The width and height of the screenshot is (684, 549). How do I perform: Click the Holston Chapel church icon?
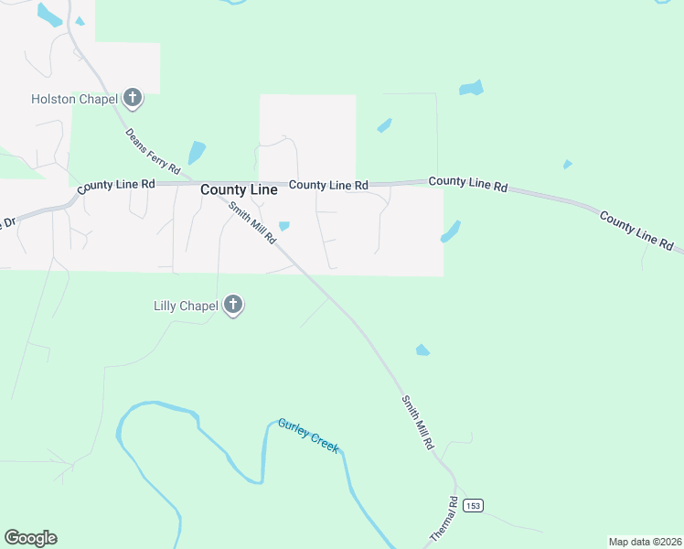pos(134,98)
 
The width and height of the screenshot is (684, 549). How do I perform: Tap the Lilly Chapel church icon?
pos(233,305)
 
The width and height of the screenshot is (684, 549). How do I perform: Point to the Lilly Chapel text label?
pos(186,305)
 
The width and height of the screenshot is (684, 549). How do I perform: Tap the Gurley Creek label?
pos(308,436)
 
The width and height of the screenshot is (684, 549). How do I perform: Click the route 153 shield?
pos(472,506)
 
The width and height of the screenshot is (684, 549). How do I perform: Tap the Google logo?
pos(30,538)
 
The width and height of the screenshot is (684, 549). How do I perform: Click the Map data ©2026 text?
pos(644,541)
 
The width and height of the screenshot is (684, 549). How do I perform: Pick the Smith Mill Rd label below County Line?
pos(252,222)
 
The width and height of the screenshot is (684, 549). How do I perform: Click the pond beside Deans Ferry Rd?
pos(197,152)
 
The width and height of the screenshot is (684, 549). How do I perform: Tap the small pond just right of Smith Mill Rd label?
pos(284,226)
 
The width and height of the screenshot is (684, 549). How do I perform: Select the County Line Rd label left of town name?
pos(116,186)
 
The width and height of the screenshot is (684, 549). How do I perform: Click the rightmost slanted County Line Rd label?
pos(636,231)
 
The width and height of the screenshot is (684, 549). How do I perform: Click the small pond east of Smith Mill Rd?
pos(422,350)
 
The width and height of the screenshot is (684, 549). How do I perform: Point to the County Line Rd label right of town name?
pos(328,185)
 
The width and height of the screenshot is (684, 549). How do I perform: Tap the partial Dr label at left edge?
pos(9,223)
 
